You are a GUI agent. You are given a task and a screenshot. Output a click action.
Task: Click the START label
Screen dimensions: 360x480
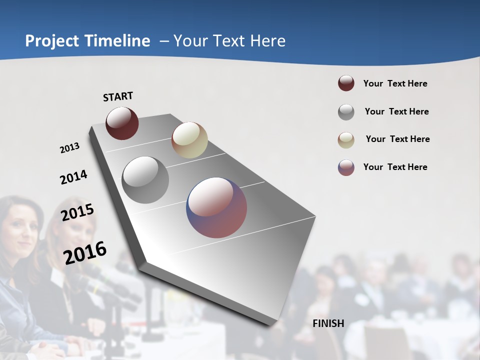click(x=118, y=96)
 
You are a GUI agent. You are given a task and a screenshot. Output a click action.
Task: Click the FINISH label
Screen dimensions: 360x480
click(x=328, y=323)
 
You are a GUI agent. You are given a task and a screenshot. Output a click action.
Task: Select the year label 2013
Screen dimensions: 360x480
click(x=70, y=148)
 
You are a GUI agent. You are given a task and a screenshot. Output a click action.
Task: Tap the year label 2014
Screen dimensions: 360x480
click(x=73, y=177)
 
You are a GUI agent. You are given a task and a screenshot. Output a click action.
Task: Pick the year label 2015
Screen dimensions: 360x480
click(x=77, y=212)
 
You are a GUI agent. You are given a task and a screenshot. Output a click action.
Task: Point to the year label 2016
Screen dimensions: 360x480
click(x=85, y=252)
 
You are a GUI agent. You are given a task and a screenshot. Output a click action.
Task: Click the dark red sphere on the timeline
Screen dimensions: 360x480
click(x=122, y=123)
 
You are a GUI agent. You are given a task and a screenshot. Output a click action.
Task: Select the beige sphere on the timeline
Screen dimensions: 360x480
click(x=189, y=140)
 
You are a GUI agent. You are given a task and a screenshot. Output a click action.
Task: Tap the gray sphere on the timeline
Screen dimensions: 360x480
click(x=145, y=180)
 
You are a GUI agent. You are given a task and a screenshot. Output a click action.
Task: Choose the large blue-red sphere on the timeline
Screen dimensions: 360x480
click(x=216, y=207)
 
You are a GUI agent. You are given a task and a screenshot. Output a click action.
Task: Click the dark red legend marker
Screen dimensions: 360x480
click(x=346, y=83)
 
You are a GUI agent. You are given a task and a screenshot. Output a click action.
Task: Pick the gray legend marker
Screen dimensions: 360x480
click(x=346, y=111)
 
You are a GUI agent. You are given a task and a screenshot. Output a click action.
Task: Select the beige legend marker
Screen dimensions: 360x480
click(x=346, y=139)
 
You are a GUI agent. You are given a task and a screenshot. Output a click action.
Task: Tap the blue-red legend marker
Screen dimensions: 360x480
click(x=346, y=167)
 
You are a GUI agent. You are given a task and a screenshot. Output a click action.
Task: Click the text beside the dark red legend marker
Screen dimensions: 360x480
click(x=395, y=83)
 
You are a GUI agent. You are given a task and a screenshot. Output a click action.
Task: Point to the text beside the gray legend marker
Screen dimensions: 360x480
click(x=396, y=111)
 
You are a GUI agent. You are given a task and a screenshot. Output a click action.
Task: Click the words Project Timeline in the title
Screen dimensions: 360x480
click(x=87, y=41)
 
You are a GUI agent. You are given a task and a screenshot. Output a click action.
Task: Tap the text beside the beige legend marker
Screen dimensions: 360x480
click(x=397, y=139)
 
